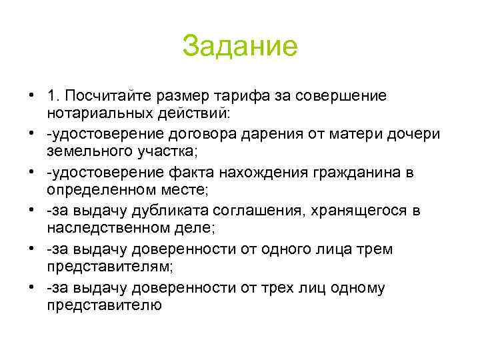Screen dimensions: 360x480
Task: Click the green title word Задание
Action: pyautogui.click(x=239, y=47)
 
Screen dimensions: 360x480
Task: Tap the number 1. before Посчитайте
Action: pyautogui.click(x=54, y=97)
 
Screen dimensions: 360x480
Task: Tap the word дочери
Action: pyautogui.click(x=431, y=135)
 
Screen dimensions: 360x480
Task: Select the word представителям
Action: pyautogui.click(x=106, y=267)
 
